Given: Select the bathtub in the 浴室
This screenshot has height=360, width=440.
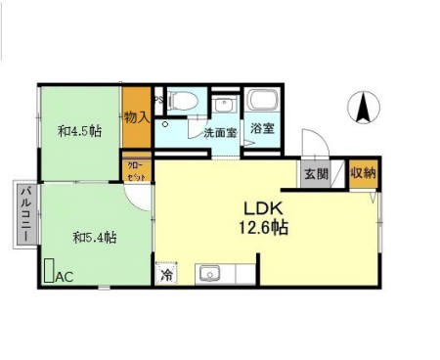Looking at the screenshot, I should coord(263,101).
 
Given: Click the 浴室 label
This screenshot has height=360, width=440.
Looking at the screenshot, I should coord(261,129).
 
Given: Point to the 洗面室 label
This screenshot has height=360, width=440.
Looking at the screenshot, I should coord(219,132).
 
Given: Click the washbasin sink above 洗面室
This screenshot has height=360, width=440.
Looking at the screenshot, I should coord(224,104).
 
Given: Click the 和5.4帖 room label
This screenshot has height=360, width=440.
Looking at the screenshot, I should coord(95,237).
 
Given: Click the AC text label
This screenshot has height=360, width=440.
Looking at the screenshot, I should coord(65,276).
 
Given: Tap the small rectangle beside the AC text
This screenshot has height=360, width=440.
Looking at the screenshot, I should coord(49,271).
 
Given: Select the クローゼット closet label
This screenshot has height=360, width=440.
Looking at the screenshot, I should coord(136,171).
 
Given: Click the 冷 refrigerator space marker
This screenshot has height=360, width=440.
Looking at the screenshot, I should coord(167,274).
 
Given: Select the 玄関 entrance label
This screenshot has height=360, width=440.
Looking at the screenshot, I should coord(315,174).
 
